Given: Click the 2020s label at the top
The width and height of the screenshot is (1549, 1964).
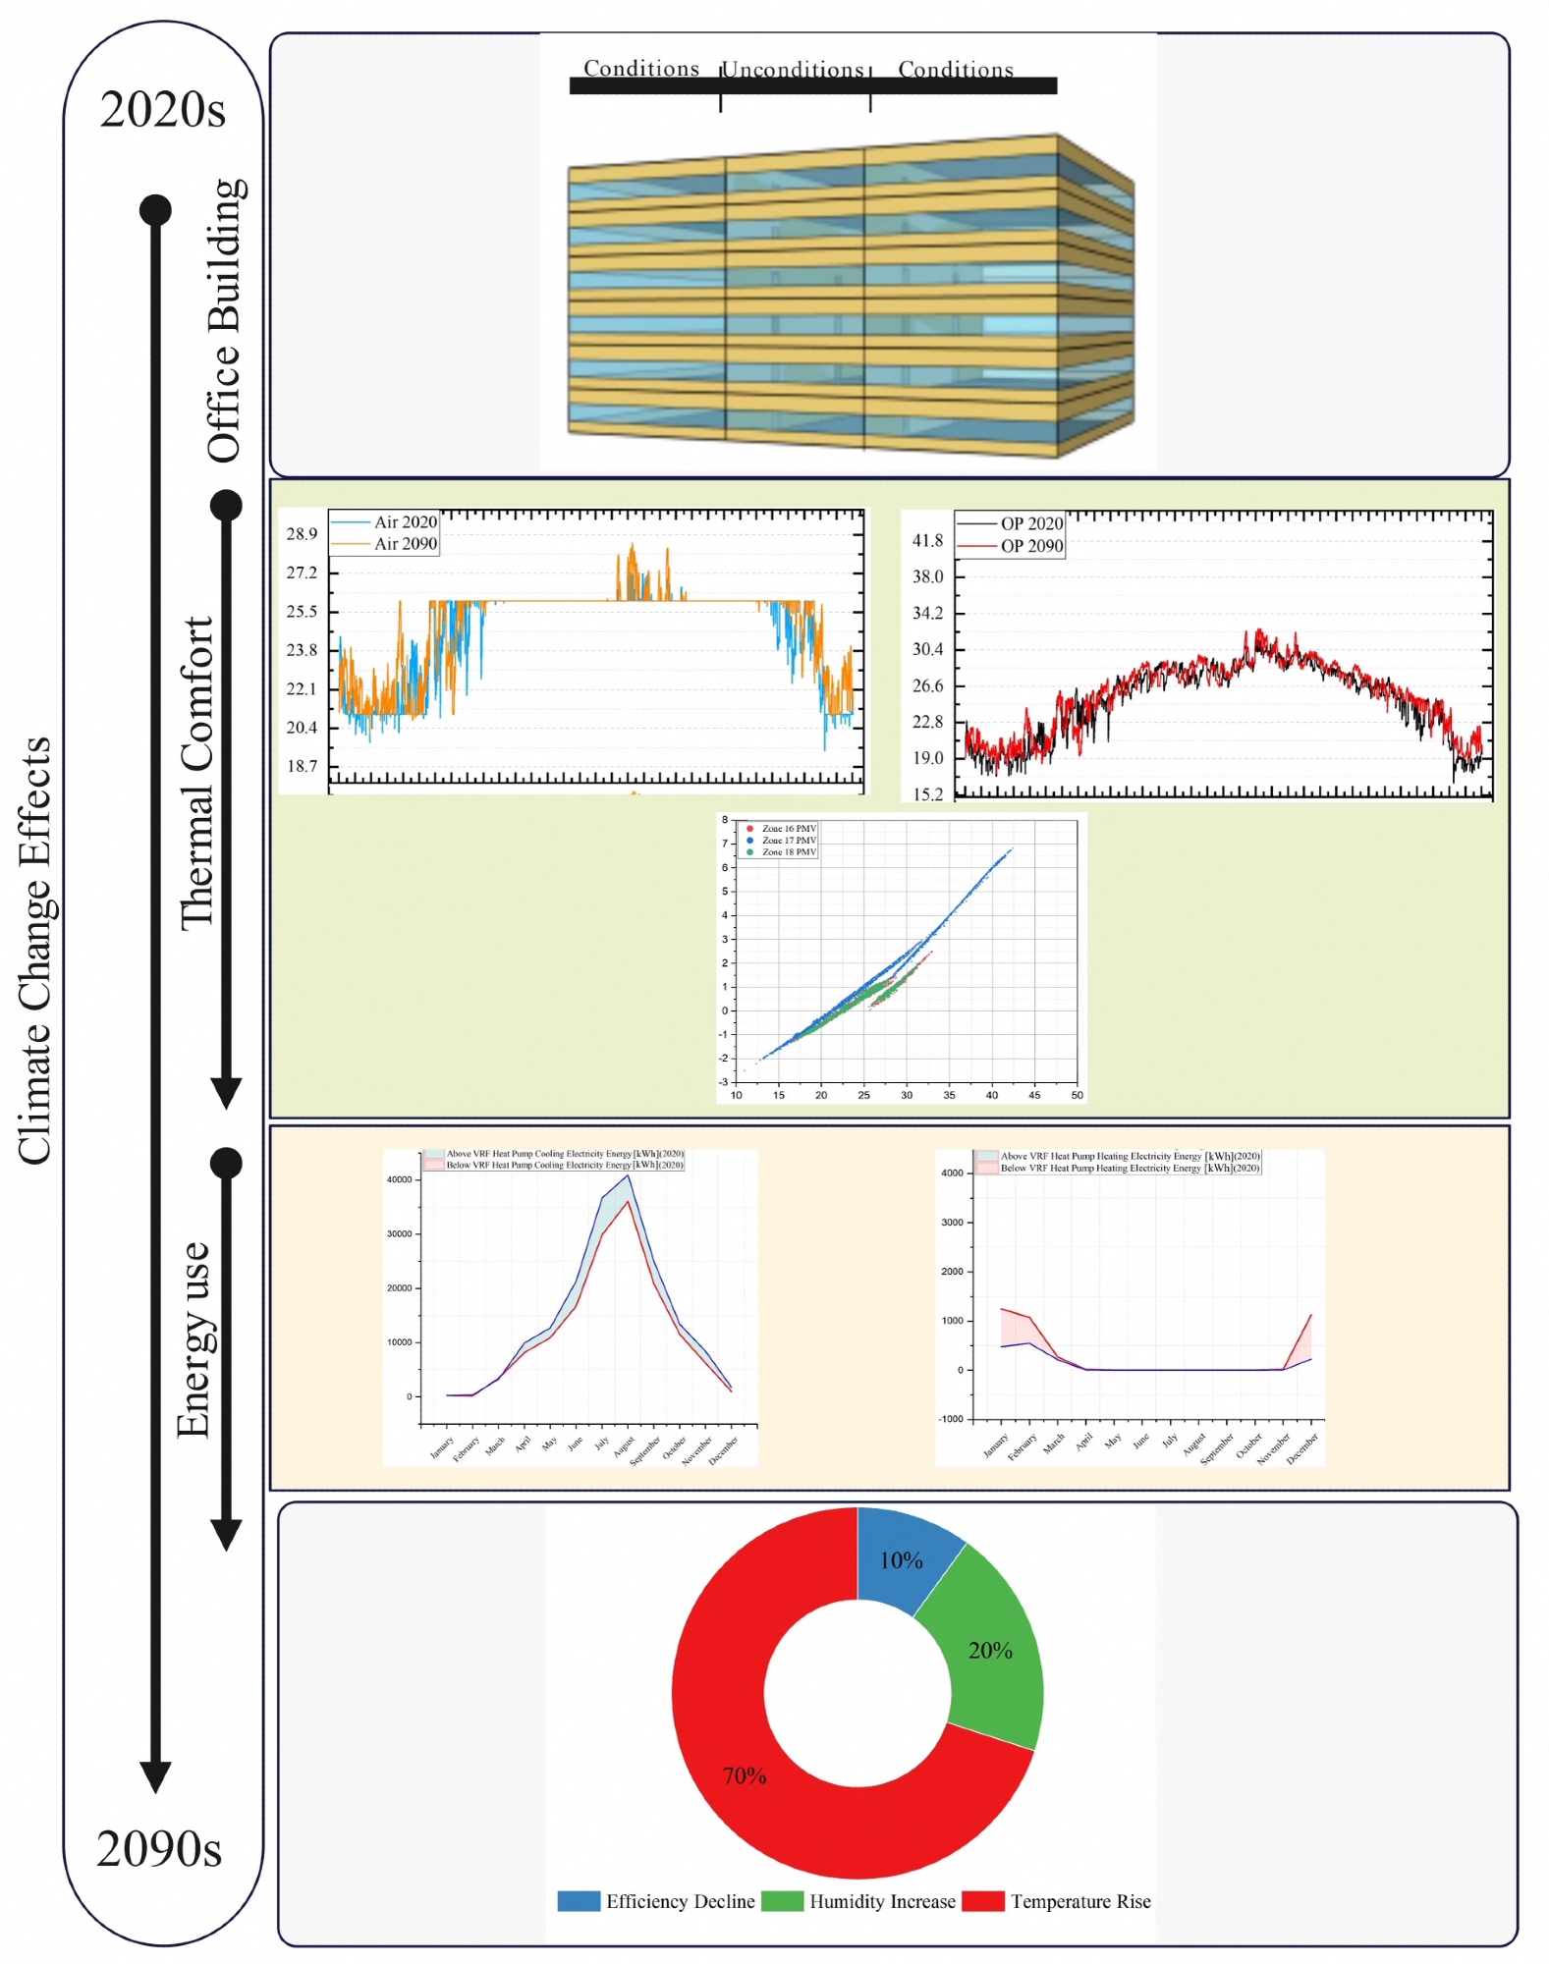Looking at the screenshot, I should coord(162,109).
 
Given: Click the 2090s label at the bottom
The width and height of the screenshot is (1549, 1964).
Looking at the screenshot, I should coord(159,1848).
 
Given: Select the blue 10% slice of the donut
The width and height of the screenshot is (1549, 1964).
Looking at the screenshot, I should coord(903,1559).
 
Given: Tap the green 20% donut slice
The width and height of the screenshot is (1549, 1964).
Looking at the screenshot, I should coord(989,1650).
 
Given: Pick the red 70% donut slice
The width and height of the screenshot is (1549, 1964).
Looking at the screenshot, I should coord(745,1775).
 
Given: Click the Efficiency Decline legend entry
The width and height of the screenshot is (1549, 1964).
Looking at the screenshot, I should coord(680,1901).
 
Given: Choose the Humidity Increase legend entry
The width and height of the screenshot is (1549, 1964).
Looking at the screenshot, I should coord(881,1901).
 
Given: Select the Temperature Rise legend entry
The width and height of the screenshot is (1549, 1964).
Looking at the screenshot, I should coord(1080,1901).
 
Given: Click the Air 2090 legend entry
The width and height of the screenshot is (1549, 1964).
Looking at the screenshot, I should coord(405,544).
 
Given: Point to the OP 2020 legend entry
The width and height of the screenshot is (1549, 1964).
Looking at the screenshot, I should coord(1031,523).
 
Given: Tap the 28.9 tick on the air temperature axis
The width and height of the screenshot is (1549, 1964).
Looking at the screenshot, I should coord(302,533).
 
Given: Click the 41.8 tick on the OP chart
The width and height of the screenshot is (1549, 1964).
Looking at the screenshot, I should coord(927,540).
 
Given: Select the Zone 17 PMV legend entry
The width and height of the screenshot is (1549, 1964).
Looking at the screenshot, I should coord(789,841).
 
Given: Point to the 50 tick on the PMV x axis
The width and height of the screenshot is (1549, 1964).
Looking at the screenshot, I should coord(1077,1095).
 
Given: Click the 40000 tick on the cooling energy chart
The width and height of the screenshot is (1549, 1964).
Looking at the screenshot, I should coord(399,1179).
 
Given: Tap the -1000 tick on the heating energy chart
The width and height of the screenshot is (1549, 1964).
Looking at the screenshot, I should coord(951,1419).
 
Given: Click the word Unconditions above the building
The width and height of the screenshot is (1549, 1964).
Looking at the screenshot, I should coord(794,70).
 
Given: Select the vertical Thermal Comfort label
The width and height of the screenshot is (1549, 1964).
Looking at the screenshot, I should coord(196,773).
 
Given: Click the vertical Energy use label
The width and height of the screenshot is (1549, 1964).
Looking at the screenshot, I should coord(193,1339).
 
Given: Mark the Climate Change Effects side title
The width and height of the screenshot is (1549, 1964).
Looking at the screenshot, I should coord(34,951).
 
